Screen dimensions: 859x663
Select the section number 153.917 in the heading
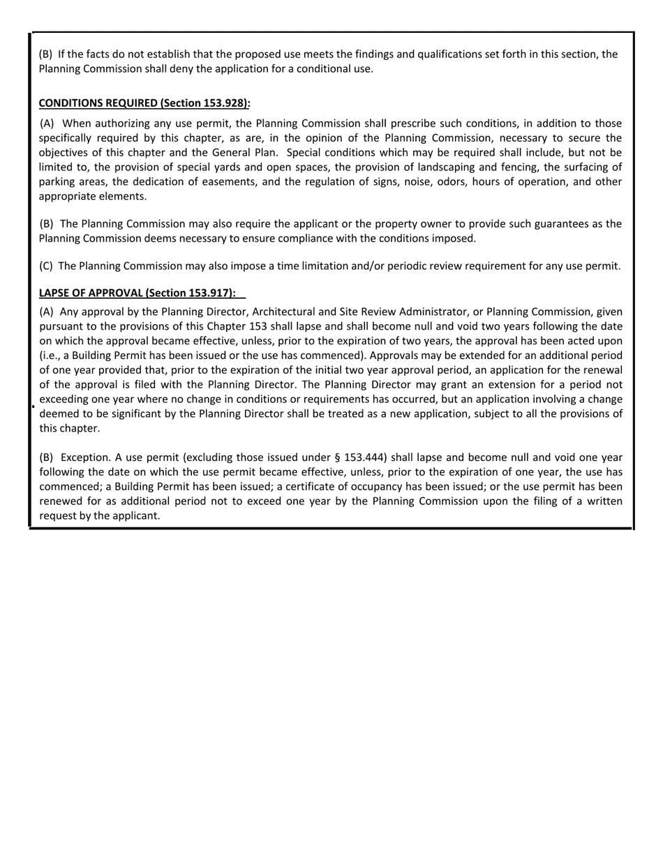211,293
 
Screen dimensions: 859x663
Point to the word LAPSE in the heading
54,293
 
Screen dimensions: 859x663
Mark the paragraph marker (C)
46,266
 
